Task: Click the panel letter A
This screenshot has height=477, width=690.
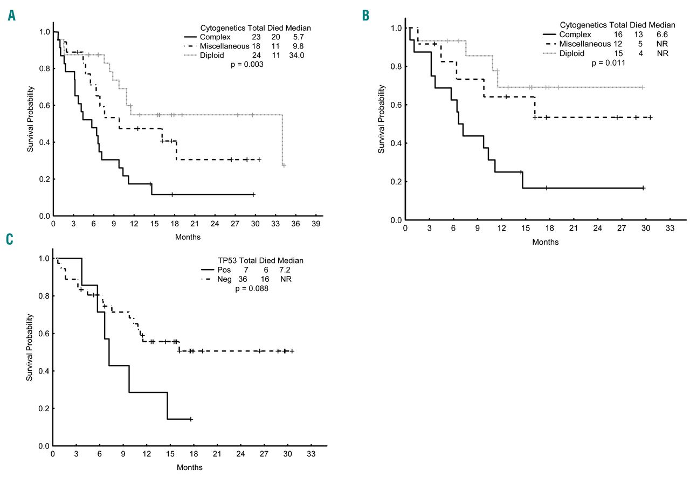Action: point(12,17)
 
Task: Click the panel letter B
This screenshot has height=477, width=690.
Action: point(366,16)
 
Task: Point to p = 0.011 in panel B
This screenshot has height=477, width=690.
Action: point(608,62)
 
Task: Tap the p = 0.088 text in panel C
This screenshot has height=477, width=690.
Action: point(252,288)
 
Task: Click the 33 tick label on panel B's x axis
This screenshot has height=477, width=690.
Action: point(670,229)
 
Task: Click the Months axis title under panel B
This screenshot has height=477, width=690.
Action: point(545,242)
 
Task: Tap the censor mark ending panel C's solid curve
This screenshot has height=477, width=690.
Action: point(191,419)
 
